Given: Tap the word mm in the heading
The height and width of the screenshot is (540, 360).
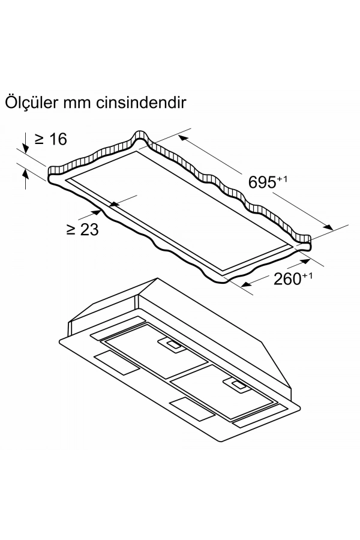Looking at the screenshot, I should pyautogui.click(x=84, y=102).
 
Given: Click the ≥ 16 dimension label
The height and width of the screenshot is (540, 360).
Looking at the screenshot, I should pyautogui.click(x=50, y=139).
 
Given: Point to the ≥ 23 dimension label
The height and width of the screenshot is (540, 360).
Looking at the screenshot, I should pyautogui.click(x=82, y=229).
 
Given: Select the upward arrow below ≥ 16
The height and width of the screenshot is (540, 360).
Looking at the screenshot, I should pyautogui.click(x=26, y=178).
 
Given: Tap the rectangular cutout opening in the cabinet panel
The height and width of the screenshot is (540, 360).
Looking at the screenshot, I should pyautogui.click(x=180, y=216).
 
